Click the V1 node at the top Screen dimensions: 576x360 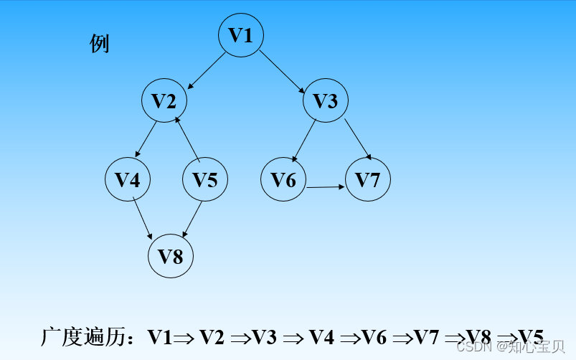click(241, 34)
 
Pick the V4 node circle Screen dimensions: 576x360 click(128, 179)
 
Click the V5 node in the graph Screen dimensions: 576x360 click(205, 179)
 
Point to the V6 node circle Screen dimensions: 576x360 click(283, 179)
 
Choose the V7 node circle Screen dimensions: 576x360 click(368, 179)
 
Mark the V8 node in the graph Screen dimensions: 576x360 click(171, 256)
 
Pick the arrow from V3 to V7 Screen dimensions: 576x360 click(357, 138)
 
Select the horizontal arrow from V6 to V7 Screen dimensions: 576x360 click(326, 187)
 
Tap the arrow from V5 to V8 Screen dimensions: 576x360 click(194, 219)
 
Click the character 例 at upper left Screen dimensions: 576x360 click(100, 44)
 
